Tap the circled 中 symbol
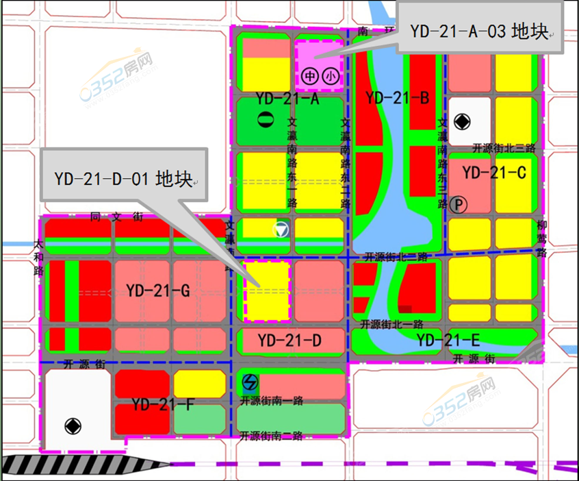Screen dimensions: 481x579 pyautogui.click(x=309, y=77)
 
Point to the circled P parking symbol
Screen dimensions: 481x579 pyautogui.click(x=458, y=203)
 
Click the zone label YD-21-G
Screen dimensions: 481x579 pyautogui.click(x=157, y=291)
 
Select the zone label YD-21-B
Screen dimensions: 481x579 pyautogui.click(x=397, y=98)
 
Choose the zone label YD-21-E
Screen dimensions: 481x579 pyautogui.click(x=448, y=339)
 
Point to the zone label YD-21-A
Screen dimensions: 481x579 pyautogui.click(x=287, y=99)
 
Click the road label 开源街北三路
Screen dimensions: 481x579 pyautogui.click(x=503, y=147)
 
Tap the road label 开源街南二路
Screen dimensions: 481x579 pyautogui.click(x=271, y=435)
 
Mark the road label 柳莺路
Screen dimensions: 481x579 pyautogui.click(x=542, y=238)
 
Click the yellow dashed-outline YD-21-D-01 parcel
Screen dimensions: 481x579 pyautogui.click(x=267, y=291)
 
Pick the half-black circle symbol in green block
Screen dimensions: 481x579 pyautogui.click(x=262, y=119)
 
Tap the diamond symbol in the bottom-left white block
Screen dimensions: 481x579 pyautogui.click(x=72, y=425)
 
